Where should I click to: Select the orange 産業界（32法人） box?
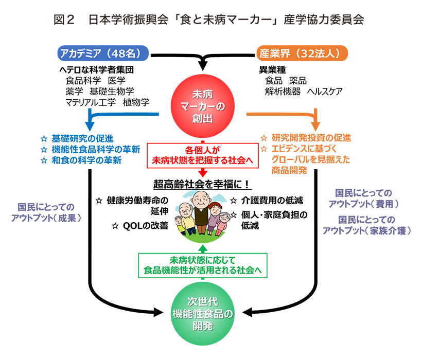tap(302, 53)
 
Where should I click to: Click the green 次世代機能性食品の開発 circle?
tap(202, 312)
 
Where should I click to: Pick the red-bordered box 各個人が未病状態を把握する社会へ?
tap(202, 155)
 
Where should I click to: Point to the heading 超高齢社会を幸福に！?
tap(202, 184)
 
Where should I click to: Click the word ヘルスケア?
tap(325, 92)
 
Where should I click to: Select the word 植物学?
tap(136, 102)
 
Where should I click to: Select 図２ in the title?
tap(65, 20)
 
